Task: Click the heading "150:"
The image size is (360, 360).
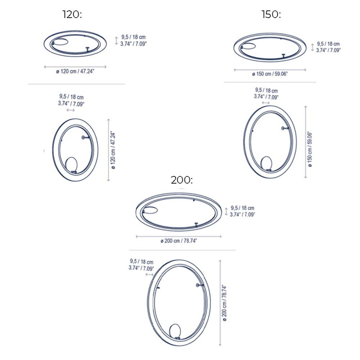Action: tap(271, 14)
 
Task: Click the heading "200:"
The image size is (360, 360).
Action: tap(182, 180)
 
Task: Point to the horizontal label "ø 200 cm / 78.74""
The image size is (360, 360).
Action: tap(179, 241)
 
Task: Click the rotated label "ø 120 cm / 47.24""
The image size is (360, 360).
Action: tap(113, 150)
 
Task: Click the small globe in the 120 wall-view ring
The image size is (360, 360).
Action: tap(71, 164)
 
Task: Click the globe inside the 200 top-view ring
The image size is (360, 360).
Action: tap(150, 209)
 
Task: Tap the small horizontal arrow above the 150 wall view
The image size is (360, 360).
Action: tap(265, 103)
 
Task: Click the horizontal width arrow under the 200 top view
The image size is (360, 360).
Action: tap(179, 236)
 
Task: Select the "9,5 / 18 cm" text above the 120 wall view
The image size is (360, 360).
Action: tap(71, 97)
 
